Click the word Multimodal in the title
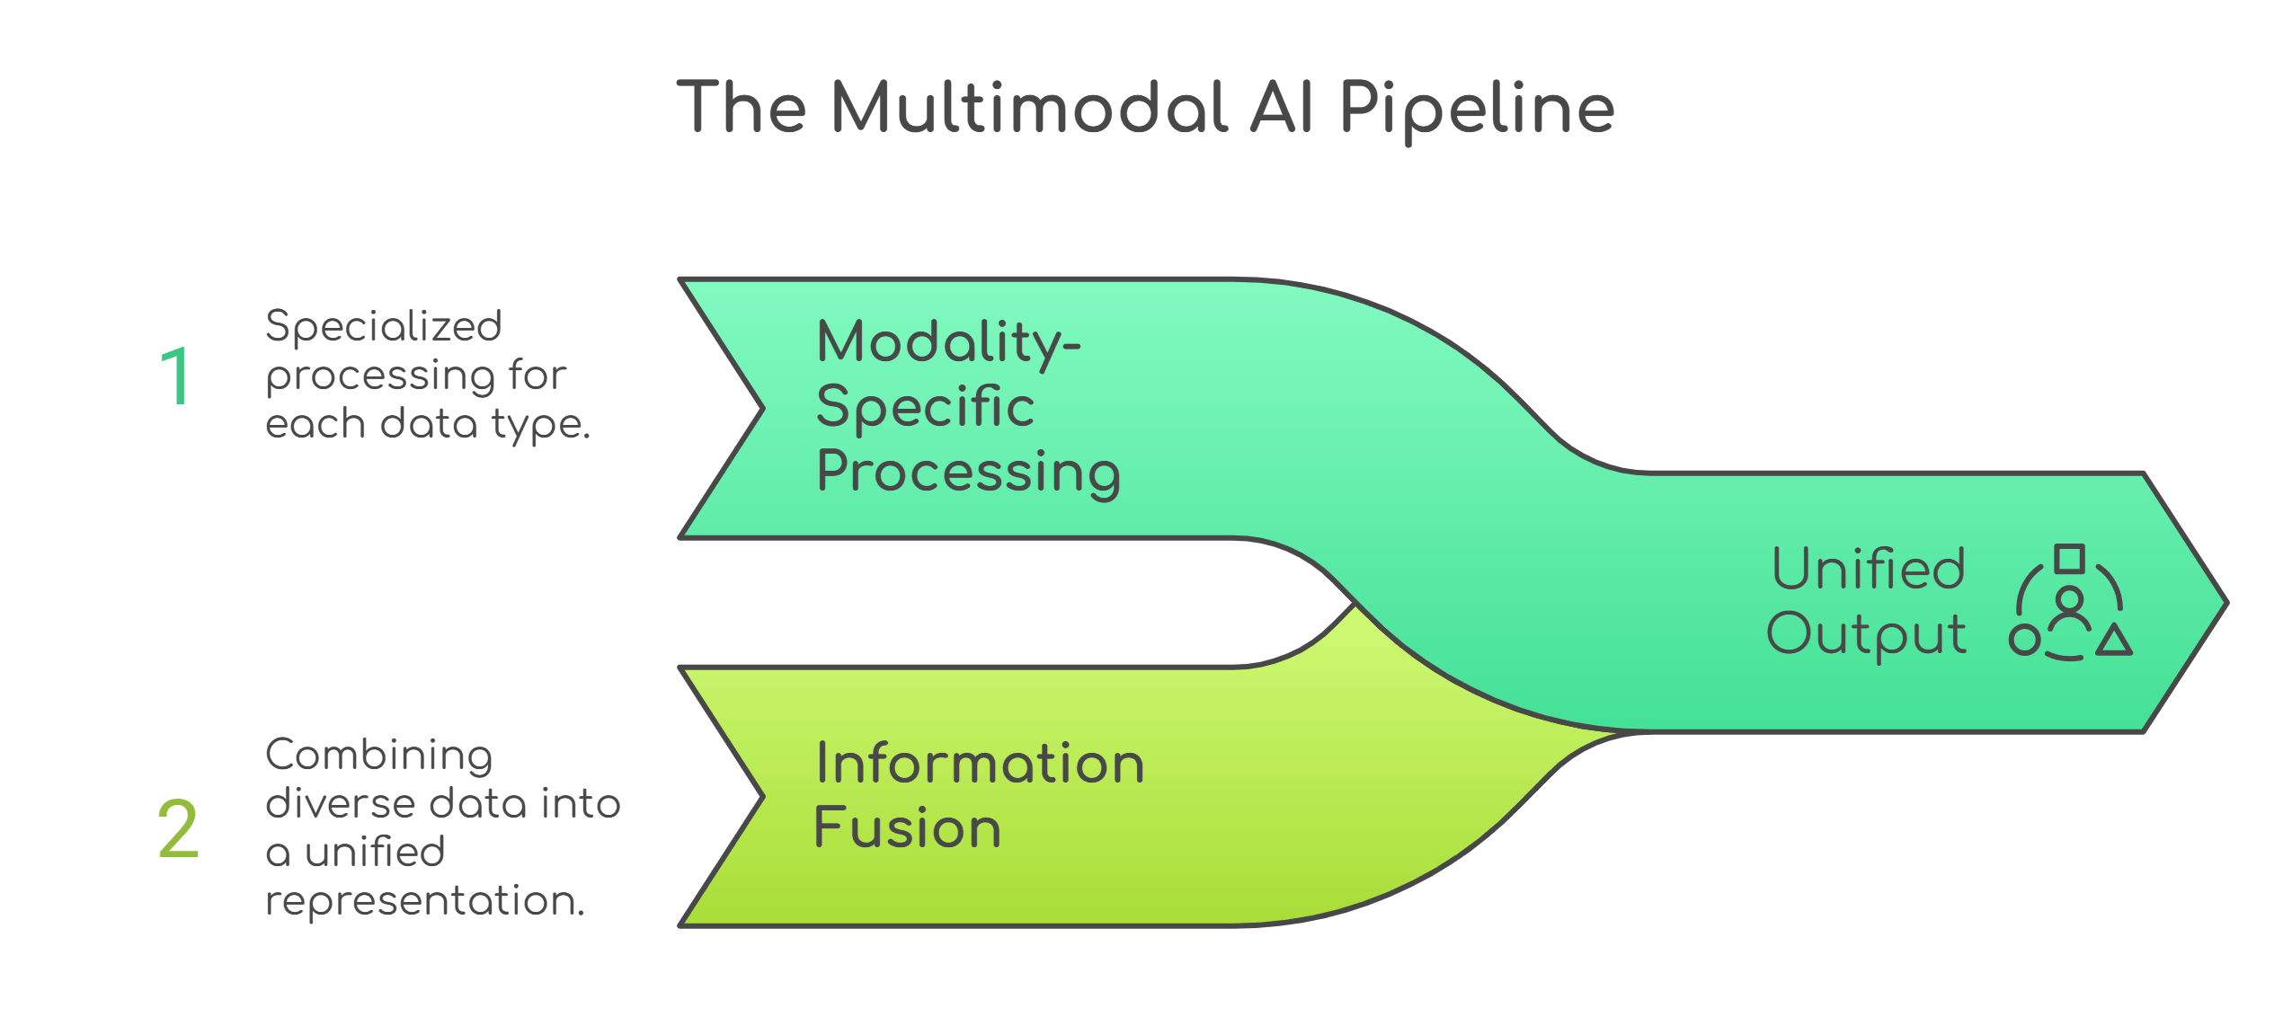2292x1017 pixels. coord(1029,108)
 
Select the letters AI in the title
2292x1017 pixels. coord(1283,108)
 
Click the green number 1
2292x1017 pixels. coord(175,377)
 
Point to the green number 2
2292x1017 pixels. coord(178,829)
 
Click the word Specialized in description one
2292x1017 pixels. coord(384,326)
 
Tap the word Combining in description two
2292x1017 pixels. coord(379,755)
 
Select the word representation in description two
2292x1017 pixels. coord(424,900)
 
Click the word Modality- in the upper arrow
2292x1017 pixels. coord(948,343)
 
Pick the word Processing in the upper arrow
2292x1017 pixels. coord(968,473)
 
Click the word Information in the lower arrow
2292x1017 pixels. coord(980,764)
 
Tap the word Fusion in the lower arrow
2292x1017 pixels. coord(907,827)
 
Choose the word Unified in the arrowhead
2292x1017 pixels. coord(1869,569)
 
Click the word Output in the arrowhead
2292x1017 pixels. coord(1866,634)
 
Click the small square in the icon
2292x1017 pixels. coord(2070,559)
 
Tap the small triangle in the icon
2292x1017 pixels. coord(2114,641)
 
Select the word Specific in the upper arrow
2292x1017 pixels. coord(925,407)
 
